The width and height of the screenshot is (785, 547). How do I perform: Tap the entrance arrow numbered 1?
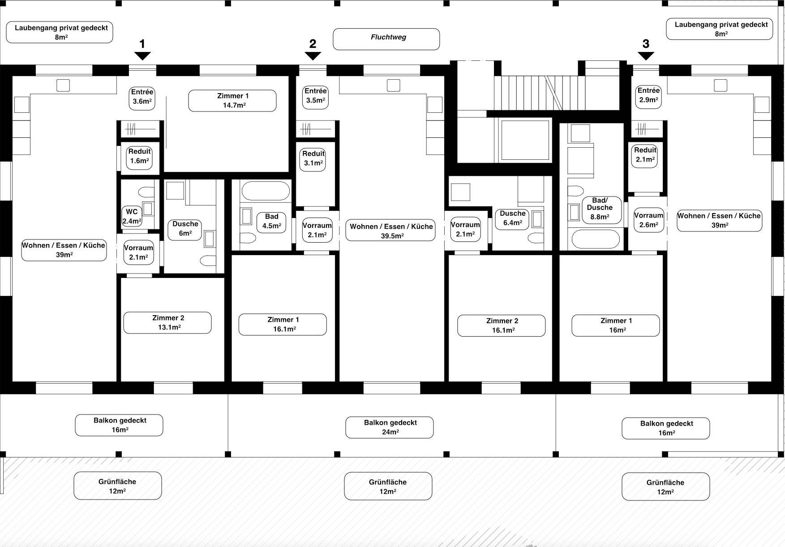point(142,56)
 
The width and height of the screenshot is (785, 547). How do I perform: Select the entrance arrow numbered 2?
point(313,56)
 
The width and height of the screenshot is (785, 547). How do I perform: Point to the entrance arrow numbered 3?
point(645,56)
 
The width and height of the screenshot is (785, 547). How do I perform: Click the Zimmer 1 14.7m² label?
point(232,101)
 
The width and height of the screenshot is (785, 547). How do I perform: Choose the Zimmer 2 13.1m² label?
point(167,323)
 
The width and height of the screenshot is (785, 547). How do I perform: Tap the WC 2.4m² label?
point(132,216)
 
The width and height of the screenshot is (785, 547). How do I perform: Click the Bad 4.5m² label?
point(271,222)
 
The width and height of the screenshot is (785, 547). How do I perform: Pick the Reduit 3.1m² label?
point(313,158)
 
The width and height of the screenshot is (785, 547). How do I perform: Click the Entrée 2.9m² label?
point(648,95)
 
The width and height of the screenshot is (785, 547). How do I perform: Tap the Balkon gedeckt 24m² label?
point(389,427)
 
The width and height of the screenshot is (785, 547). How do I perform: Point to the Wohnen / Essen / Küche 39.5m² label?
point(390,231)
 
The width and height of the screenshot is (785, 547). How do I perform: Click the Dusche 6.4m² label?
point(512,218)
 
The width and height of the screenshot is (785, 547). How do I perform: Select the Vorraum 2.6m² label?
point(648,220)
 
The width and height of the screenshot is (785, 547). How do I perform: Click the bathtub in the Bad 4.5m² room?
point(266,191)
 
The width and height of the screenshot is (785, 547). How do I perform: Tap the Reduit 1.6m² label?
point(139,156)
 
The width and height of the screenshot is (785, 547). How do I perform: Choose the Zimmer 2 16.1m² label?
point(501,325)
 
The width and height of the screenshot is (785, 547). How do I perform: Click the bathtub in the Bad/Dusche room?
point(596,239)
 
